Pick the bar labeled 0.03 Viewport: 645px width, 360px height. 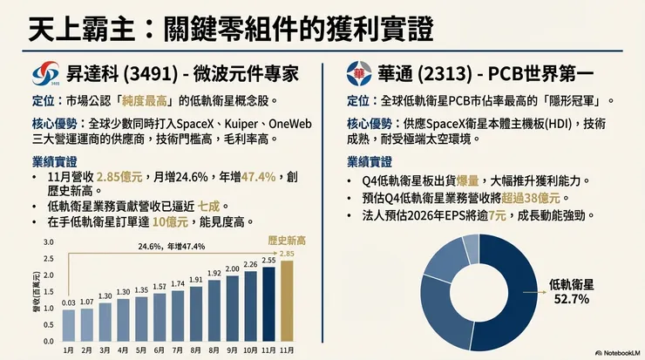tap(69, 323)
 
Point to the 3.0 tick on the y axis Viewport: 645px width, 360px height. tap(48, 243)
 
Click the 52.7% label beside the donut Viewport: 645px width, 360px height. tap(572, 299)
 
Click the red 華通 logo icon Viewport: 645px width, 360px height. tap(358, 72)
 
